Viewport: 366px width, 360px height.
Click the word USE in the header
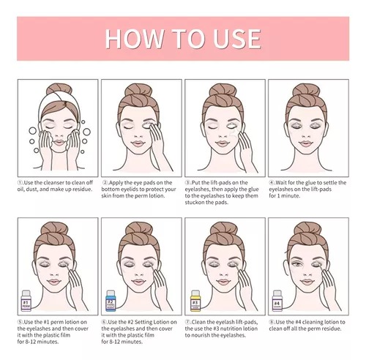point(237,39)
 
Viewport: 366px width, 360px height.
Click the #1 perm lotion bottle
point(26,301)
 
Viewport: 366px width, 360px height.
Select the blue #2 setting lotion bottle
point(111,301)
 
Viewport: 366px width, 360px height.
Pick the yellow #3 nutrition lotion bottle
point(195,301)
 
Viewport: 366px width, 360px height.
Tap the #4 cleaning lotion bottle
point(277,301)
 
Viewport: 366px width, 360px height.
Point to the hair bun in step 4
point(306,90)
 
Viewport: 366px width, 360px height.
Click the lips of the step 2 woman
point(138,143)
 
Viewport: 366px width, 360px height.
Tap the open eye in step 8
point(296,264)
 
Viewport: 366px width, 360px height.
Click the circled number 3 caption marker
point(187,183)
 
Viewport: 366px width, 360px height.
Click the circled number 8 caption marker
point(272,322)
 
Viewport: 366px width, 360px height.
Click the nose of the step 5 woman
point(54,273)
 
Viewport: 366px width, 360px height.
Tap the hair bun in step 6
point(139,228)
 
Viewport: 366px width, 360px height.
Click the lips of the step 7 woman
point(223,282)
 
